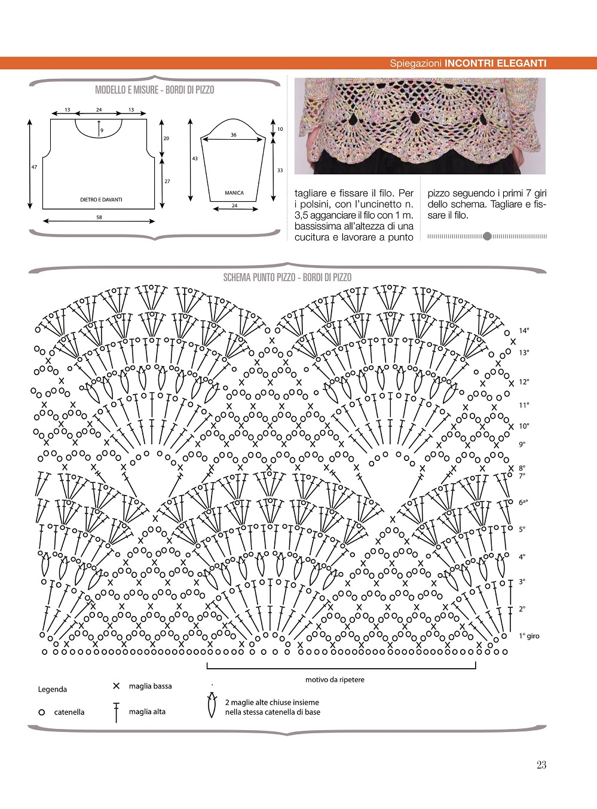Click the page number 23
tap(541, 765)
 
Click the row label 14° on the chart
tap(523, 331)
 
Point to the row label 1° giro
tap(529, 636)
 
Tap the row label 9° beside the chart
tap(522, 444)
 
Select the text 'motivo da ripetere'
tap(335, 679)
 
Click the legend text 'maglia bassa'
tap(150, 686)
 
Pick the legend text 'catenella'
tap(69, 712)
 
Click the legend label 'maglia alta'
tap(147, 712)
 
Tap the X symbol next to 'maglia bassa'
tap(117, 686)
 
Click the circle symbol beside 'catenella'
tap(41, 712)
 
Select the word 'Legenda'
tap(53, 690)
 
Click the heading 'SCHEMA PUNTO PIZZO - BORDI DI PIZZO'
tap(287, 278)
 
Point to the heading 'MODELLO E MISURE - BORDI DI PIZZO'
tap(154, 90)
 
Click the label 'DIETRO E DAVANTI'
tap(101, 199)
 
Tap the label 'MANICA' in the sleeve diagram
tap(234, 193)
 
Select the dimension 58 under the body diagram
tap(99, 217)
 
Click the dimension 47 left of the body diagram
tap(34, 167)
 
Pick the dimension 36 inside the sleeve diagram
tap(234, 135)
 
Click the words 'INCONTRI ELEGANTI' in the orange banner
tap(495, 63)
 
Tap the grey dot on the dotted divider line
tap(487, 236)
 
